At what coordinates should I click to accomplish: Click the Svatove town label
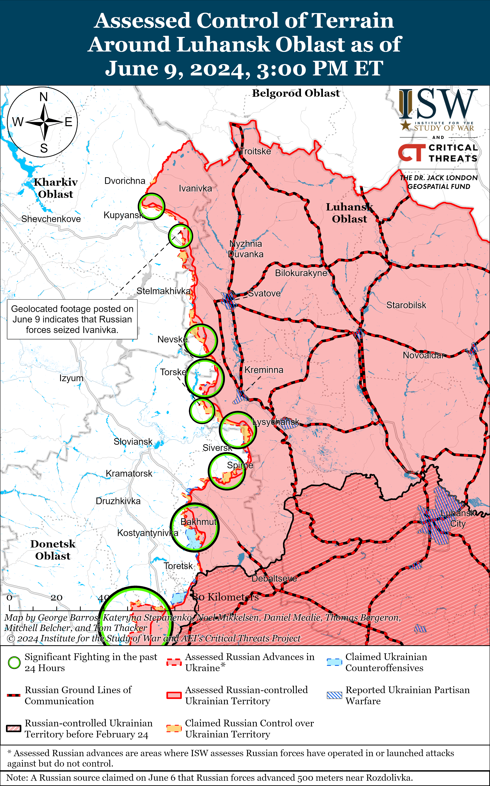pyautogui.click(x=264, y=293)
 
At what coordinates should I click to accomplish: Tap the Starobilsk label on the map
pyautogui.click(x=406, y=305)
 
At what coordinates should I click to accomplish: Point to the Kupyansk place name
pyautogui.click(x=123, y=215)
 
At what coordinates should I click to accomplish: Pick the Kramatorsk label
pyautogui.click(x=129, y=473)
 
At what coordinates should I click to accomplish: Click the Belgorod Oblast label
pyautogui.click(x=296, y=93)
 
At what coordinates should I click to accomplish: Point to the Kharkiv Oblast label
pyautogui.click(x=56, y=188)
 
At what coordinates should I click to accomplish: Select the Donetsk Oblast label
pyautogui.click(x=53, y=550)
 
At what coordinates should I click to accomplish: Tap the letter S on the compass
pyautogui.click(x=44, y=148)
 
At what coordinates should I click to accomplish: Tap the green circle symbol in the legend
pyautogui.click(x=14, y=662)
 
